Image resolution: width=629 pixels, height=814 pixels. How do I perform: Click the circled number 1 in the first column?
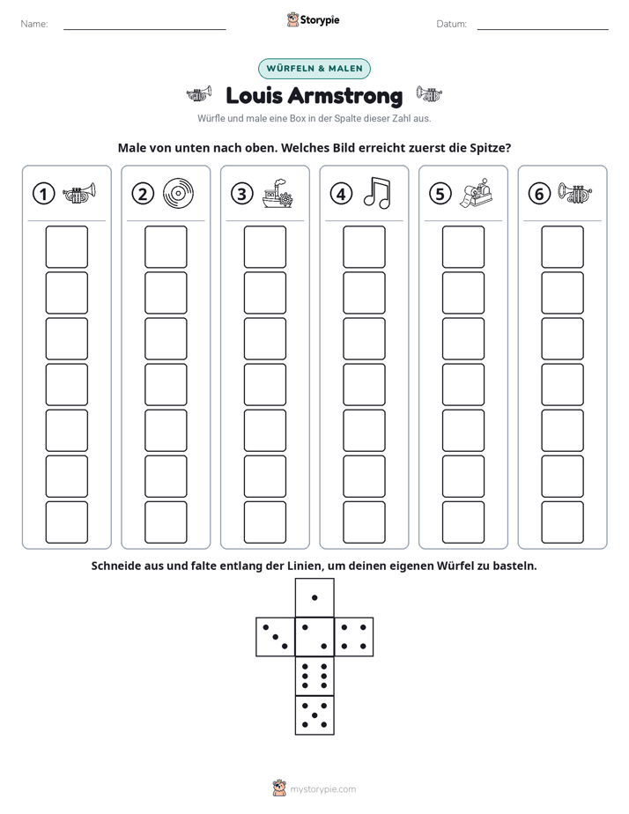click(43, 194)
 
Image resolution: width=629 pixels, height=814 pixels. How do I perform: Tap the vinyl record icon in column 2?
click(178, 194)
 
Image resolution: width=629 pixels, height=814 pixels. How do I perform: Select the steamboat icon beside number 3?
click(277, 194)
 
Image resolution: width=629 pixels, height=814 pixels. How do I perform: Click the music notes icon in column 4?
click(377, 193)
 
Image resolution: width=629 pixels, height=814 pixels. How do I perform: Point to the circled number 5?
click(440, 194)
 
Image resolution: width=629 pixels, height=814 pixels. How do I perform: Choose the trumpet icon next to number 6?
click(575, 193)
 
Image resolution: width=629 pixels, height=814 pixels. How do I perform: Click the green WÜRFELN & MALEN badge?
click(314, 69)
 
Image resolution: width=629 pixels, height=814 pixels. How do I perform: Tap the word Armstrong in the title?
click(344, 96)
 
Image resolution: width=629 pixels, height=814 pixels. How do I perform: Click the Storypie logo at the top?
click(313, 20)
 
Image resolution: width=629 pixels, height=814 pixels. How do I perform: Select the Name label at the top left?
click(34, 24)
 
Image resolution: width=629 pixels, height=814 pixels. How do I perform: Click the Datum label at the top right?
click(452, 24)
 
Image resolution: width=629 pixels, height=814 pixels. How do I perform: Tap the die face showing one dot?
click(314, 598)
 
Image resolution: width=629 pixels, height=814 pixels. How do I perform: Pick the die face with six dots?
click(314, 676)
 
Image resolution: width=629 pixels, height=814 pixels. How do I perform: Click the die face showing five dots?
click(314, 715)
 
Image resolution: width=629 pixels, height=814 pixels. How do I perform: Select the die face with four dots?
click(354, 637)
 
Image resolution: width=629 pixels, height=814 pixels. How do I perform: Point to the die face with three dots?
click(276, 637)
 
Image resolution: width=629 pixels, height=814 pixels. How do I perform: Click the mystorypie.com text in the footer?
click(322, 789)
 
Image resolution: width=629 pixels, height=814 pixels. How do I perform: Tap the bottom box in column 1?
click(66, 522)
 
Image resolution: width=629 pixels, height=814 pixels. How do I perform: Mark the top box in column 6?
click(563, 247)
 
